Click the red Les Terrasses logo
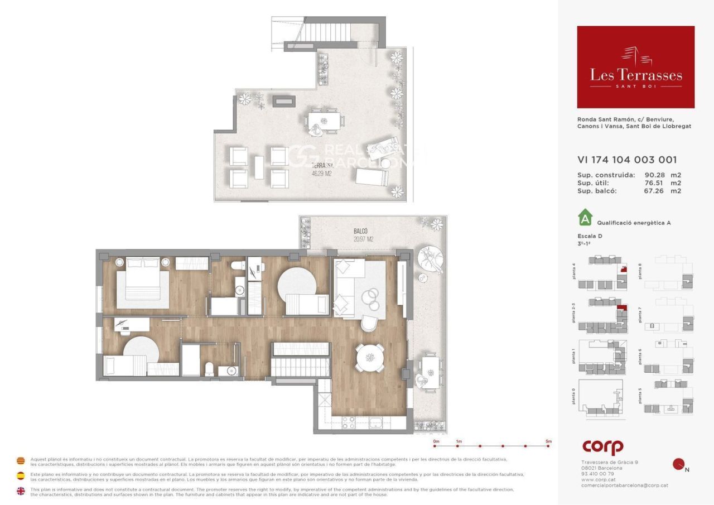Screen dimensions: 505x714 tap(635, 67)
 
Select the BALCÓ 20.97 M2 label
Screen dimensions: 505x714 tap(363, 235)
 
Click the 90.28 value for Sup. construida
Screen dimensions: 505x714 tap(655, 175)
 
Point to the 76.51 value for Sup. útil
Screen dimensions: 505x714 tap(655, 182)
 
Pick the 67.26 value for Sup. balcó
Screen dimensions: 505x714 tap(655, 190)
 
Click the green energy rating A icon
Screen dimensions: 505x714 tap(584, 217)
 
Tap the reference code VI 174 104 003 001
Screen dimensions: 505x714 tap(627, 160)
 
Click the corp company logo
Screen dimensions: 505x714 tap(602, 446)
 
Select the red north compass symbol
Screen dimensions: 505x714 tap(679, 464)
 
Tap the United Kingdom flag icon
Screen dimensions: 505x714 tap(21, 491)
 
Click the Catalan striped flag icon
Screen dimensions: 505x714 tap(21, 461)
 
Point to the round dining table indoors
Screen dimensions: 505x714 tap(370, 357)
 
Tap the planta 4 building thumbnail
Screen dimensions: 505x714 tap(605, 273)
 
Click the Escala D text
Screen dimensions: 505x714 tap(590, 236)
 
